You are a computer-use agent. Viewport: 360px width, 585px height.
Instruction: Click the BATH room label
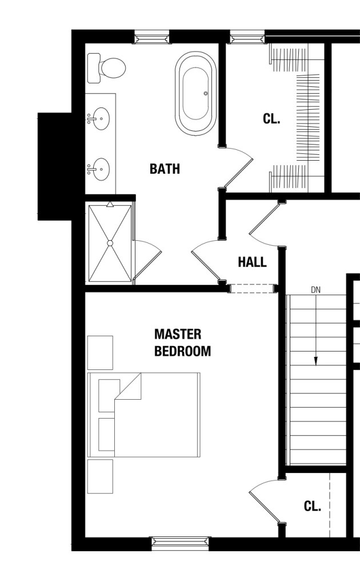pos(165,169)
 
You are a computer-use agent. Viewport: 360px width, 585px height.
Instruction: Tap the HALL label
pos(253,262)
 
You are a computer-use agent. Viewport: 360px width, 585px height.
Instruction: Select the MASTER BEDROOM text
pos(183,343)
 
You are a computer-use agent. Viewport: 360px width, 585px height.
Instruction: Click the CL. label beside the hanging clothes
pos(271,118)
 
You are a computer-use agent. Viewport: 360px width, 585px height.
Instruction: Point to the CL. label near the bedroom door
pos(313,506)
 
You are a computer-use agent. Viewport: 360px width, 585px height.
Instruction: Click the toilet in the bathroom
pos(107,68)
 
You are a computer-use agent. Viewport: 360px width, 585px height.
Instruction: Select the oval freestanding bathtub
pos(195,93)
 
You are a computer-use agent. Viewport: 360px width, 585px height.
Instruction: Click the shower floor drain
pos(110,243)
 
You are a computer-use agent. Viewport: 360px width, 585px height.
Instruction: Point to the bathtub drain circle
pos(205,93)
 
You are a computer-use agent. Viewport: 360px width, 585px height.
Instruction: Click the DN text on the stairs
pos(315,290)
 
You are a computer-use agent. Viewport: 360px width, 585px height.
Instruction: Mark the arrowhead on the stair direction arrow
pos(315,361)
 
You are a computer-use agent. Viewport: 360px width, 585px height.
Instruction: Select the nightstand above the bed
pos(100,353)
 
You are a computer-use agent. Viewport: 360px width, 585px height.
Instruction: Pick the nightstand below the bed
pos(100,476)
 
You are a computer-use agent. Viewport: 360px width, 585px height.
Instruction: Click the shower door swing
pos(147,259)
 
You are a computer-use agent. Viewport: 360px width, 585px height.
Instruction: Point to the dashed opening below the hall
pos(253,288)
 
